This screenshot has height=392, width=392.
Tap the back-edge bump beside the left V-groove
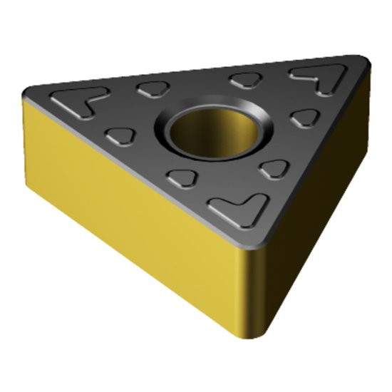click(150, 88)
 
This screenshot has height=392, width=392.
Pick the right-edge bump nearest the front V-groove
click(273, 168)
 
